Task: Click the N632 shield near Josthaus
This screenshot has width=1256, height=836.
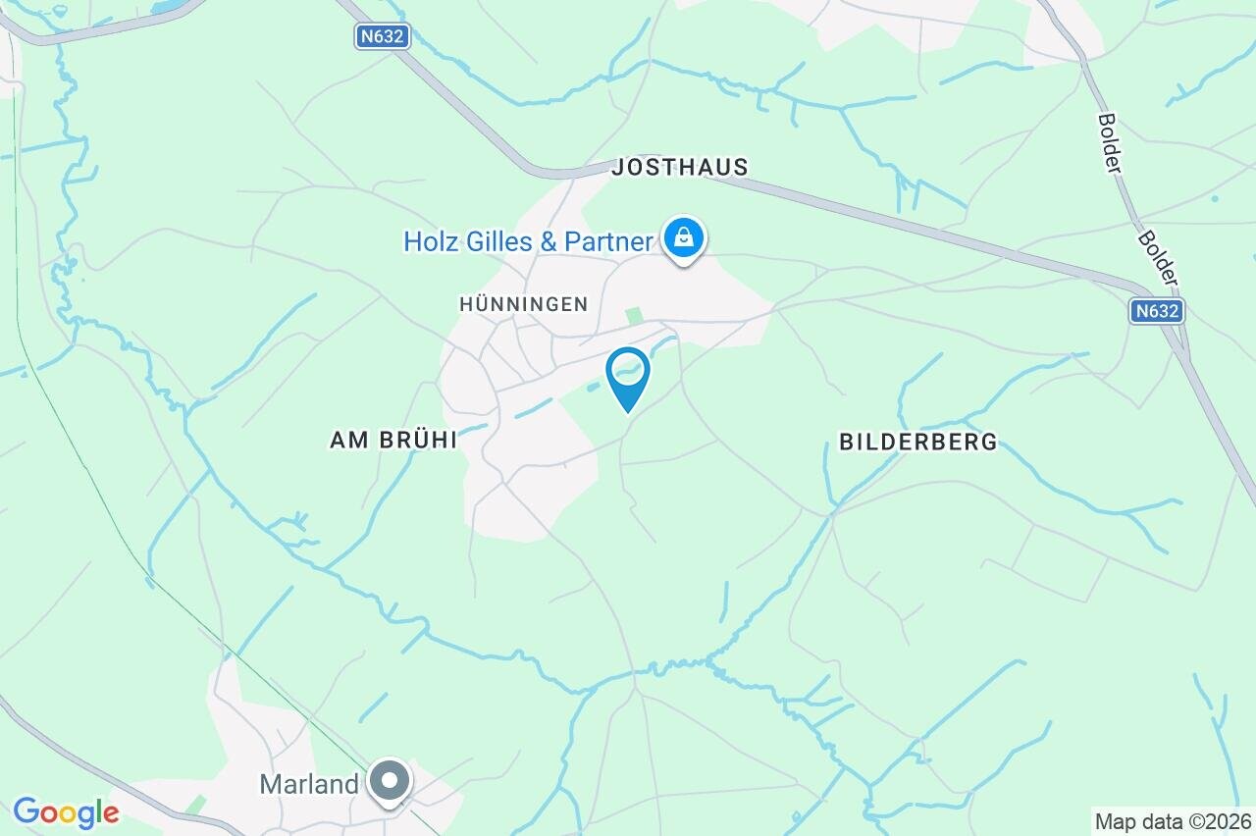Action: (382, 37)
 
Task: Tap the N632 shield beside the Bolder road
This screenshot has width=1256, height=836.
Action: (1156, 311)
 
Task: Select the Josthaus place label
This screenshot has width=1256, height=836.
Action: (679, 168)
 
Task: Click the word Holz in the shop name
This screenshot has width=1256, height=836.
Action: (431, 241)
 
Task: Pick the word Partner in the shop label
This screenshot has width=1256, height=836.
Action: (612, 241)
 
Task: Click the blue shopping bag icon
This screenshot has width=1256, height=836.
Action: (683, 237)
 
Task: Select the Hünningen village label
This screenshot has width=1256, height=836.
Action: (523, 304)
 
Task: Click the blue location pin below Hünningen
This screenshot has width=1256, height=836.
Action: (628, 373)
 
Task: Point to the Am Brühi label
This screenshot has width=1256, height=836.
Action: (393, 441)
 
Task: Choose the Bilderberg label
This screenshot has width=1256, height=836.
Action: (917, 442)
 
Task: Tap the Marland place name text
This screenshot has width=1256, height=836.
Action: (309, 784)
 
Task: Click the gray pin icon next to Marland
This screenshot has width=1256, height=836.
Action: (391, 782)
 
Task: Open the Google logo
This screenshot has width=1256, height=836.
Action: (66, 812)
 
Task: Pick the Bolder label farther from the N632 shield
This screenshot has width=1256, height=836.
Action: (1110, 144)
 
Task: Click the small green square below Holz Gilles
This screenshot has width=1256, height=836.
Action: (635, 315)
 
